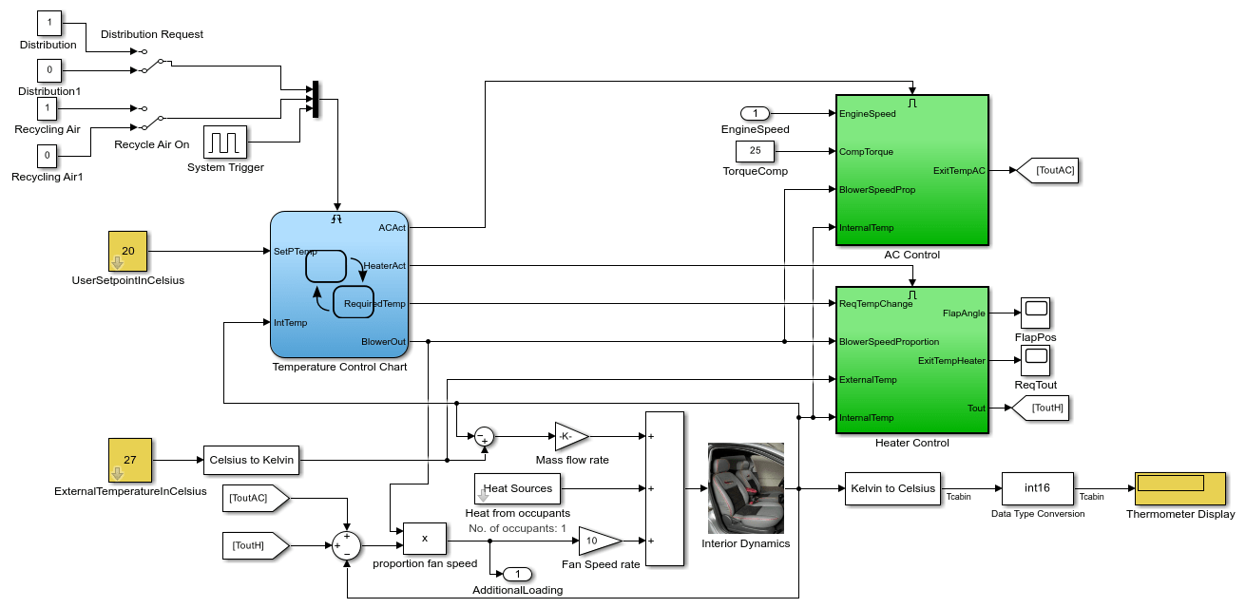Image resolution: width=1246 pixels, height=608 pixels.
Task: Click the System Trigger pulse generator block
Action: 225,142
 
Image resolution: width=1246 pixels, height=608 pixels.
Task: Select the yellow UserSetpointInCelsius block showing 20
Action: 128,251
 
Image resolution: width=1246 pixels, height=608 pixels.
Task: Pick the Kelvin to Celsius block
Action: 892,488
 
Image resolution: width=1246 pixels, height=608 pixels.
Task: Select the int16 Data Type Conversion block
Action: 1038,488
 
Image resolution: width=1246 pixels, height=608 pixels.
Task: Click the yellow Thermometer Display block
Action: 1180,488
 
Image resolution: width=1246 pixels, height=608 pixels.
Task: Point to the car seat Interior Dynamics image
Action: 746,488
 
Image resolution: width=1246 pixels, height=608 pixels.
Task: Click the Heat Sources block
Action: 518,488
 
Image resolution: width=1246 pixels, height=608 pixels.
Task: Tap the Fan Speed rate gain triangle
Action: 597,540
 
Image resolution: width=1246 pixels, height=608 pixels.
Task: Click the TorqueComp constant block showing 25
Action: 756,151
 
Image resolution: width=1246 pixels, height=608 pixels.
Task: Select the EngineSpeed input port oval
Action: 756,114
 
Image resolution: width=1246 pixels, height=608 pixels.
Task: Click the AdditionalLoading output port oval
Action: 516,574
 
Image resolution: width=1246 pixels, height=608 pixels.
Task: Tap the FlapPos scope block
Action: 1035,313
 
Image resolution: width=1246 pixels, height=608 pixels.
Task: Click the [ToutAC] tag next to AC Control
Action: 1046,171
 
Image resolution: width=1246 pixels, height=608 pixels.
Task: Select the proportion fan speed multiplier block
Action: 425,538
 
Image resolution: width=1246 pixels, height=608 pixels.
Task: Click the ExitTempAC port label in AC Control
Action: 959,171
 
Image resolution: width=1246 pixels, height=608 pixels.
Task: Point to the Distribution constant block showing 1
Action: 49,22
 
